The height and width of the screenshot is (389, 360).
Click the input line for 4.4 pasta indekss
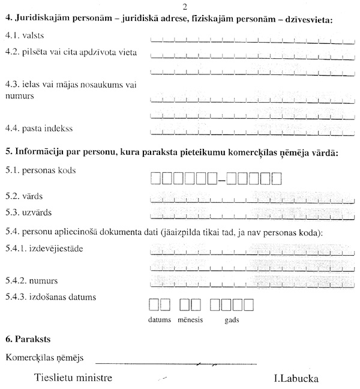(x=252, y=130)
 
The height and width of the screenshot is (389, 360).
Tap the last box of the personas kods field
(x=277, y=178)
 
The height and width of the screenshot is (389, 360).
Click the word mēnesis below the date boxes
(x=190, y=321)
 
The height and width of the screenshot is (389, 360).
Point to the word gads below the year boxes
(x=231, y=321)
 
